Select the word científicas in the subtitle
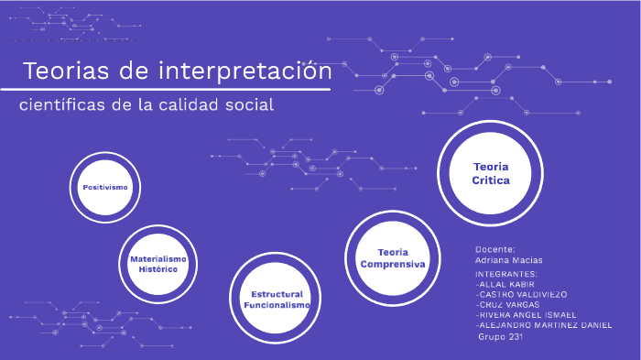click(x=62, y=105)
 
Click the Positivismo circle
click(x=105, y=187)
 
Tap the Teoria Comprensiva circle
click(x=393, y=257)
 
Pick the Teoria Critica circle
click(x=491, y=173)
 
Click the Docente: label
click(x=495, y=249)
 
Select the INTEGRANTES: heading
click(x=506, y=274)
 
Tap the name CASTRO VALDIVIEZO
click(x=523, y=294)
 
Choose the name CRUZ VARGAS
click(x=508, y=304)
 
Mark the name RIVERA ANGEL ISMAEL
click(x=527, y=314)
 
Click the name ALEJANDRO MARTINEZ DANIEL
click(x=544, y=325)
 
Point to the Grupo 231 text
click(x=501, y=336)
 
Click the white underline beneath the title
click(x=165, y=90)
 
